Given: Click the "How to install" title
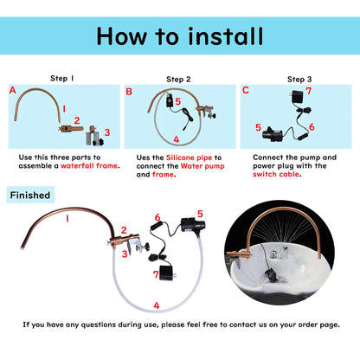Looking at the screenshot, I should point(180,35).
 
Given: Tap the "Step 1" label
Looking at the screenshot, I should point(63,77).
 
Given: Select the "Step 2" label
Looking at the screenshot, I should point(178,77).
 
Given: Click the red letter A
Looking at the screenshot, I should point(12,90).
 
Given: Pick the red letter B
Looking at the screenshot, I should point(129,90).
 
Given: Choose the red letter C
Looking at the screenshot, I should point(246,90).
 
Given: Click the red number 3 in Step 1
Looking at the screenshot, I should point(106,132).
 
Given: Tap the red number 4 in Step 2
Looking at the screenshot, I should point(176,138).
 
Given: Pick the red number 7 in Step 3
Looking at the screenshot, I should point(309,91).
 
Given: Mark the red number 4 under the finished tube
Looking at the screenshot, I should point(156,305).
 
